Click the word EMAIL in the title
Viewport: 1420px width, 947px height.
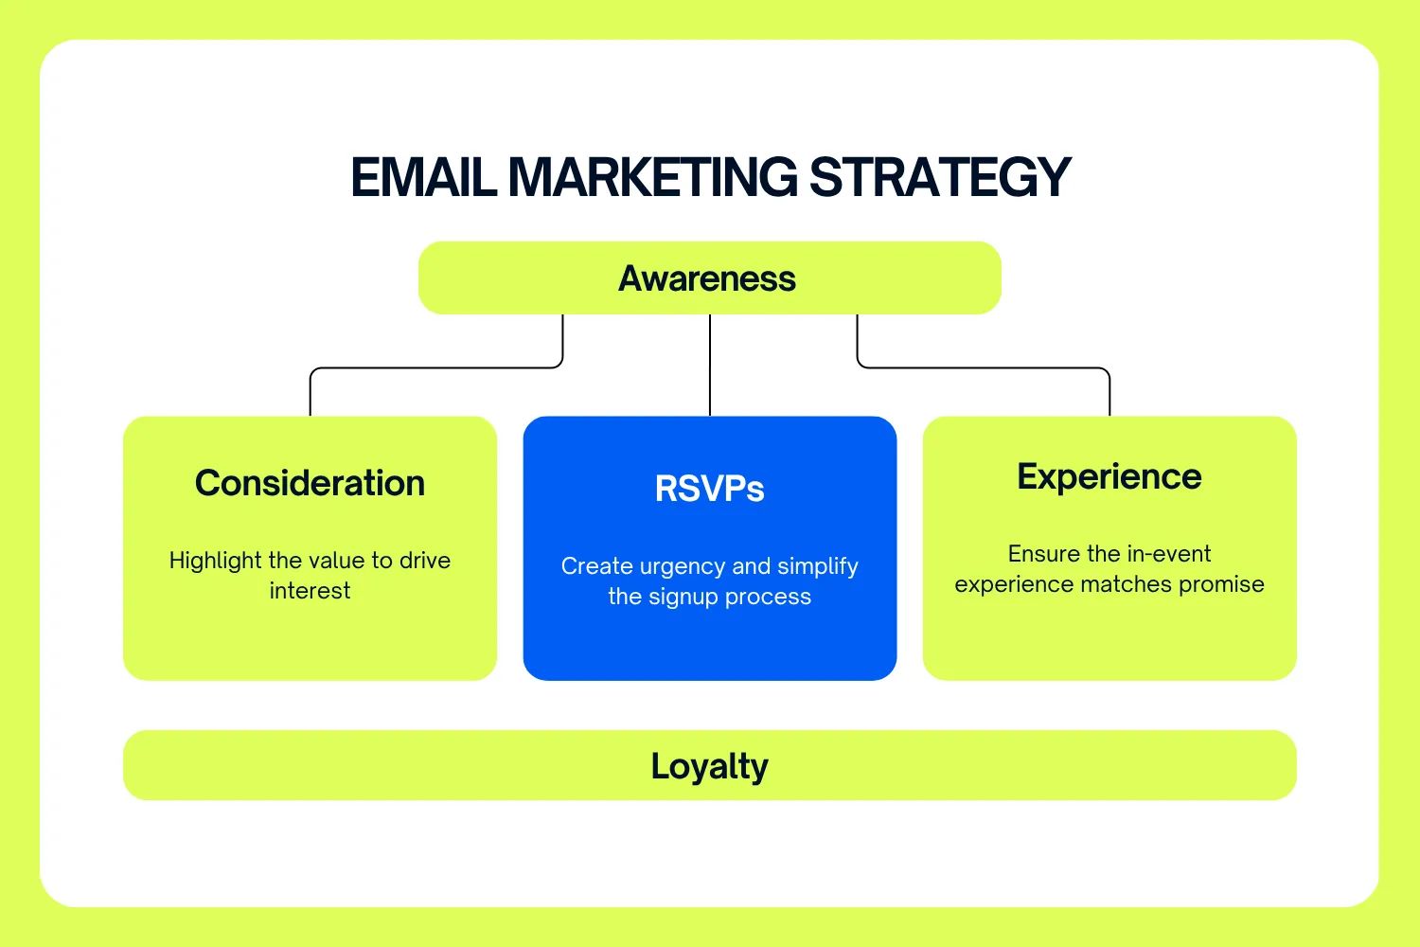(x=423, y=177)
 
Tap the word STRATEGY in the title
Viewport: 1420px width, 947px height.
(x=940, y=177)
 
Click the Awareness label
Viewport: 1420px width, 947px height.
(x=707, y=278)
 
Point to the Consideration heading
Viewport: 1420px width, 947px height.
(x=310, y=483)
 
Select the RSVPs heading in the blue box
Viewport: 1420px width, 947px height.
(x=709, y=489)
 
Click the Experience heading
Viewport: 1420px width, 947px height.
(x=1109, y=476)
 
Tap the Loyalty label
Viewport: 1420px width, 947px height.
(x=709, y=765)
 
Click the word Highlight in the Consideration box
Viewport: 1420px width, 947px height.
(x=215, y=561)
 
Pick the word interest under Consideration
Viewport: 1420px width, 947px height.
(x=310, y=591)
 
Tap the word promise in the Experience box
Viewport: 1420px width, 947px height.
(x=1221, y=584)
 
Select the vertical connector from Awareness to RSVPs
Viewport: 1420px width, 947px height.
(x=710, y=365)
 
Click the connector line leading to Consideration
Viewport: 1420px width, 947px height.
(x=435, y=367)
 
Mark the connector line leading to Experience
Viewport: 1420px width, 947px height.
(x=985, y=367)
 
